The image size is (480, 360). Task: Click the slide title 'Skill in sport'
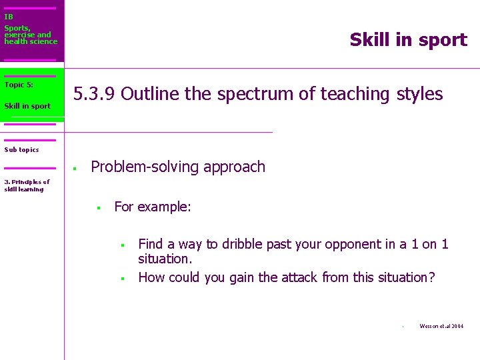click(x=408, y=40)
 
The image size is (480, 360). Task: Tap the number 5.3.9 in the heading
click(x=95, y=94)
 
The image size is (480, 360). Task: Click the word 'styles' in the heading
click(x=419, y=94)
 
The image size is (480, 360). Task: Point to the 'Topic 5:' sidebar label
click(x=19, y=85)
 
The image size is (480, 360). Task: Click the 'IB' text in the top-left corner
click(x=8, y=17)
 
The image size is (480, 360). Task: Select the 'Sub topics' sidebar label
click(x=21, y=149)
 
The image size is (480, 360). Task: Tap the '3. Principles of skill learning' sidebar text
click(x=27, y=185)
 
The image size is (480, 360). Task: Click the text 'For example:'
click(x=153, y=207)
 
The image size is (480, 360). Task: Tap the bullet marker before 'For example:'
click(x=98, y=208)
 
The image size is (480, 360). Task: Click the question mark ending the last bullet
click(x=431, y=277)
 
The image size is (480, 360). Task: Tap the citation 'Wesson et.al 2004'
click(x=441, y=326)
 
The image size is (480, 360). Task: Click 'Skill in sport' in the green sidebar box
click(x=27, y=106)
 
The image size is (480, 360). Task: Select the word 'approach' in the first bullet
click(x=235, y=167)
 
